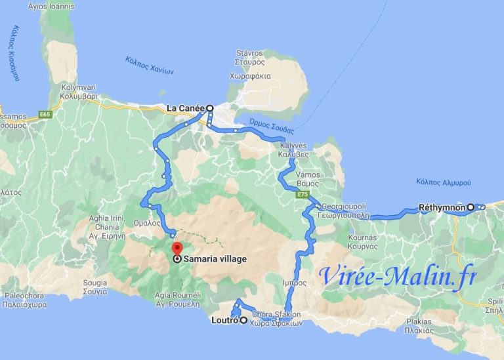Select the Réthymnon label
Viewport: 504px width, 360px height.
pyautogui.click(x=442, y=208)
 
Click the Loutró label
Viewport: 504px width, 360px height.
pyautogui.click(x=224, y=321)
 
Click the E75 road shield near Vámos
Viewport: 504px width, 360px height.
pyautogui.click(x=302, y=195)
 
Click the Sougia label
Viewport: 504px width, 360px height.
pyautogui.click(x=94, y=283)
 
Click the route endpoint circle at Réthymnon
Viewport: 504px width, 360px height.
pyautogui.click(x=471, y=208)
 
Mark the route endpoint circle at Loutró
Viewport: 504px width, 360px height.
pyautogui.click(x=243, y=321)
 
